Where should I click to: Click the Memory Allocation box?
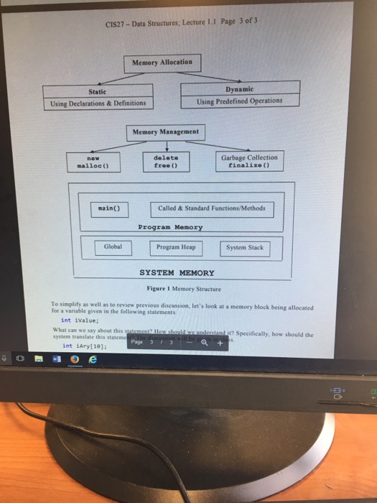[162, 63]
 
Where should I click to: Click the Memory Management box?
[167, 132]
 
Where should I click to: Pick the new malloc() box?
[92, 162]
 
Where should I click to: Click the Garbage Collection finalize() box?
[248, 160]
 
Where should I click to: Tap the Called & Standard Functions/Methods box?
[211, 208]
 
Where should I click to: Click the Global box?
[113, 247]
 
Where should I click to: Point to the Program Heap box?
[176, 248]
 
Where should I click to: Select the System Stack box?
[245, 248]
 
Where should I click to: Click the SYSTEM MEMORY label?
[176, 273]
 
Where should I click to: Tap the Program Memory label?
[170, 227]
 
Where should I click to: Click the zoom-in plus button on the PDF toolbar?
[220, 343]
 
